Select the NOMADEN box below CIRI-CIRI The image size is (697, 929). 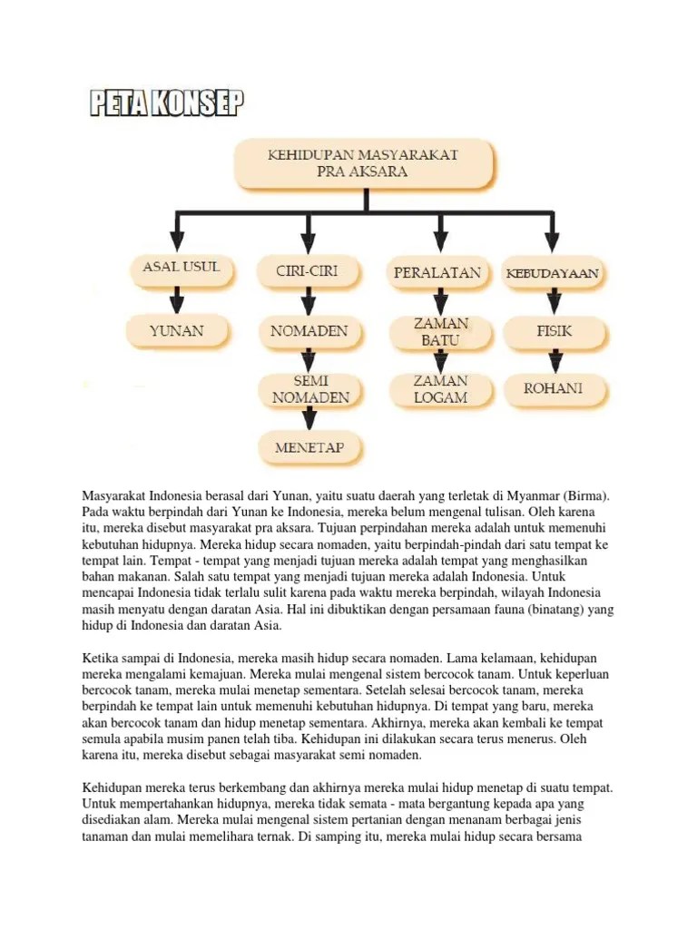(309, 331)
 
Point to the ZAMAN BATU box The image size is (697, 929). (441, 332)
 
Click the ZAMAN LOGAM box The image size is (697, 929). (441, 388)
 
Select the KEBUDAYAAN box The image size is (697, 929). (554, 271)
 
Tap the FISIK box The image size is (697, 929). (554, 331)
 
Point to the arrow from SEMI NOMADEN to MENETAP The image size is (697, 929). (309, 418)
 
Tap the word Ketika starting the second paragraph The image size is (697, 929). (100, 657)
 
